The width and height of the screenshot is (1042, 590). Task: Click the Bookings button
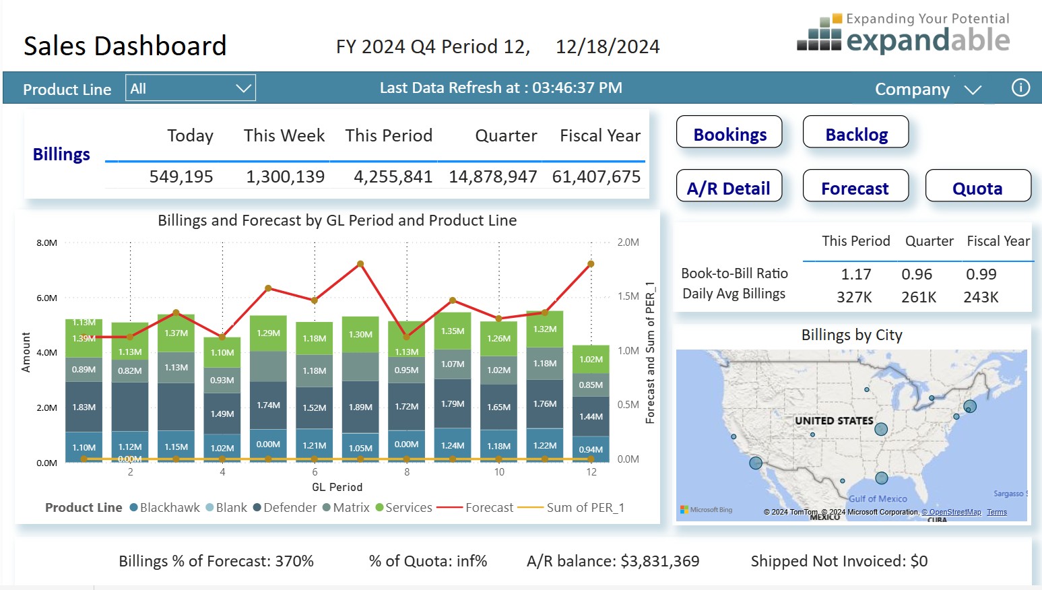pyautogui.click(x=729, y=133)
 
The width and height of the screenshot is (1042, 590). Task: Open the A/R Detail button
pyautogui.click(x=729, y=187)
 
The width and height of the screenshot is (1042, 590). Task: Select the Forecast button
pyautogui.click(x=855, y=187)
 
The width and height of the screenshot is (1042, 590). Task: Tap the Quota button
pyautogui.click(x=977, y=187)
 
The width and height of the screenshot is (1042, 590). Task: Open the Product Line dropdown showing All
pyautogui.click(x=190, y=88)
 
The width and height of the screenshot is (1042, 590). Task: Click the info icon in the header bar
pyautogui.click(x=1020, y=88)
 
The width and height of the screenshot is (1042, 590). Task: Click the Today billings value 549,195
pyautogui.click(x=181, y=176)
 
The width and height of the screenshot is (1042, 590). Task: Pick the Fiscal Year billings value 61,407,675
pyautogui.click(x=596, y=176)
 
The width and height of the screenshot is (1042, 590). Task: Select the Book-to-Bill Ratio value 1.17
pyautogui.click(x=855, y=274)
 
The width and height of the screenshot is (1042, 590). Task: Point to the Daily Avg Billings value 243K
pyautogui.click(x=981, y=297)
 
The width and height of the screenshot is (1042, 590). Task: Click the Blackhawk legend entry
pyautogui.click(x=165, y=508)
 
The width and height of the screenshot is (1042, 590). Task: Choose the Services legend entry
pyautogui.click(x=404, y=508)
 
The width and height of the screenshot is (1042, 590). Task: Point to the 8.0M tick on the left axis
pyautogui.click(x=46, y=242)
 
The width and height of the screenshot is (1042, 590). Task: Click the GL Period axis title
pyautogui.click(x=337, y=487)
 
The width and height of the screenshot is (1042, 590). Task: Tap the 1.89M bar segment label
pyautogui.click(x=360, y=407)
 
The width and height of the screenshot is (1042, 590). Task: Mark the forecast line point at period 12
pyautogui.click(x=591, y=264)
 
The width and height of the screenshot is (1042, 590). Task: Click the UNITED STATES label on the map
pyautogui.click(x=834, y=421)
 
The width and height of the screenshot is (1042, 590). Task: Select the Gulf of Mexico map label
pyautogui.click(x=877, y=499)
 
